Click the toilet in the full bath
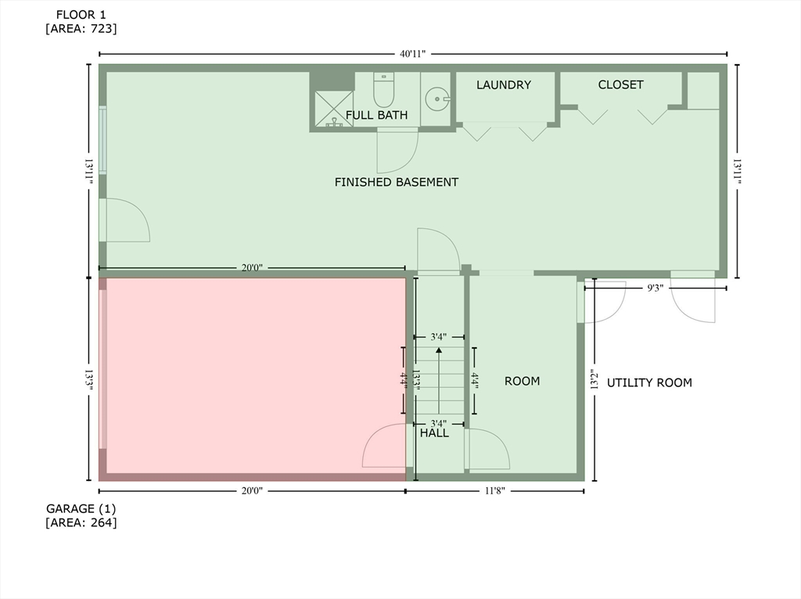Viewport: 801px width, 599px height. pos(383,89)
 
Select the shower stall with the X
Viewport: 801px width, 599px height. pos(333,109)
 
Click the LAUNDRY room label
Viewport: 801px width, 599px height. pos(504,84)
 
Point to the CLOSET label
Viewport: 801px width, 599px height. pos(620,84)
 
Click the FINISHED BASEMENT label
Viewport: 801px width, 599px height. pos(397,182)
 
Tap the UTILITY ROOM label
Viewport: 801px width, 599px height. pos(649,382)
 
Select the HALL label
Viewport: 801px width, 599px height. pos(434,433)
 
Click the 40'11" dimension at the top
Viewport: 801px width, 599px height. pos(413,54)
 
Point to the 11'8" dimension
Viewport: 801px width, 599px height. pos(494,491)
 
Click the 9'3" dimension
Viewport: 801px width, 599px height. pos(656,289)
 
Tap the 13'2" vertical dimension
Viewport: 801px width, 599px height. pos(594,379)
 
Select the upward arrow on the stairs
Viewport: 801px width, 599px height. pos(438,381)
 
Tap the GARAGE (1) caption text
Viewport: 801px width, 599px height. pos(81,508)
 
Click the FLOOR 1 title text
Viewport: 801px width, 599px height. pos(81,15)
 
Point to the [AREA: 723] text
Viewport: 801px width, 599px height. pos(81,29)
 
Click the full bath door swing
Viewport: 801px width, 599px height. pos(397,152)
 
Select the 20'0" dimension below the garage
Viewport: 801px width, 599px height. pos(252,491)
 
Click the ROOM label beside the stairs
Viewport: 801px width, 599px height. pos(522,382)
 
